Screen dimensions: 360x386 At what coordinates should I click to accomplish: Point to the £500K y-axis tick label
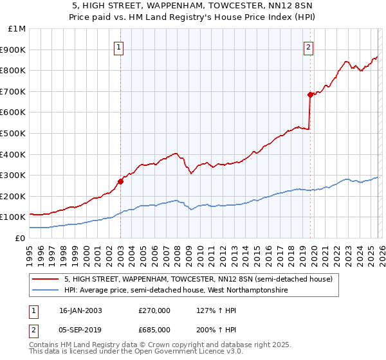point(14,133)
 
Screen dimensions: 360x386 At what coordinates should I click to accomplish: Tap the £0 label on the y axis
point(20,238)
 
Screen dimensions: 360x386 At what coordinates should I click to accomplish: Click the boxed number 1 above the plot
point(120,47)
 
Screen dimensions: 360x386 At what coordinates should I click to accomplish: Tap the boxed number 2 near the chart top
point(309,47)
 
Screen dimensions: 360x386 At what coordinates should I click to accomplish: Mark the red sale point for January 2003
point(120,181)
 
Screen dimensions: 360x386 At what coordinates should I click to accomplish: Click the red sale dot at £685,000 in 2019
point(310,94)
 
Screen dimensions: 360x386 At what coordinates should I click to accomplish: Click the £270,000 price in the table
point(154,310)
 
